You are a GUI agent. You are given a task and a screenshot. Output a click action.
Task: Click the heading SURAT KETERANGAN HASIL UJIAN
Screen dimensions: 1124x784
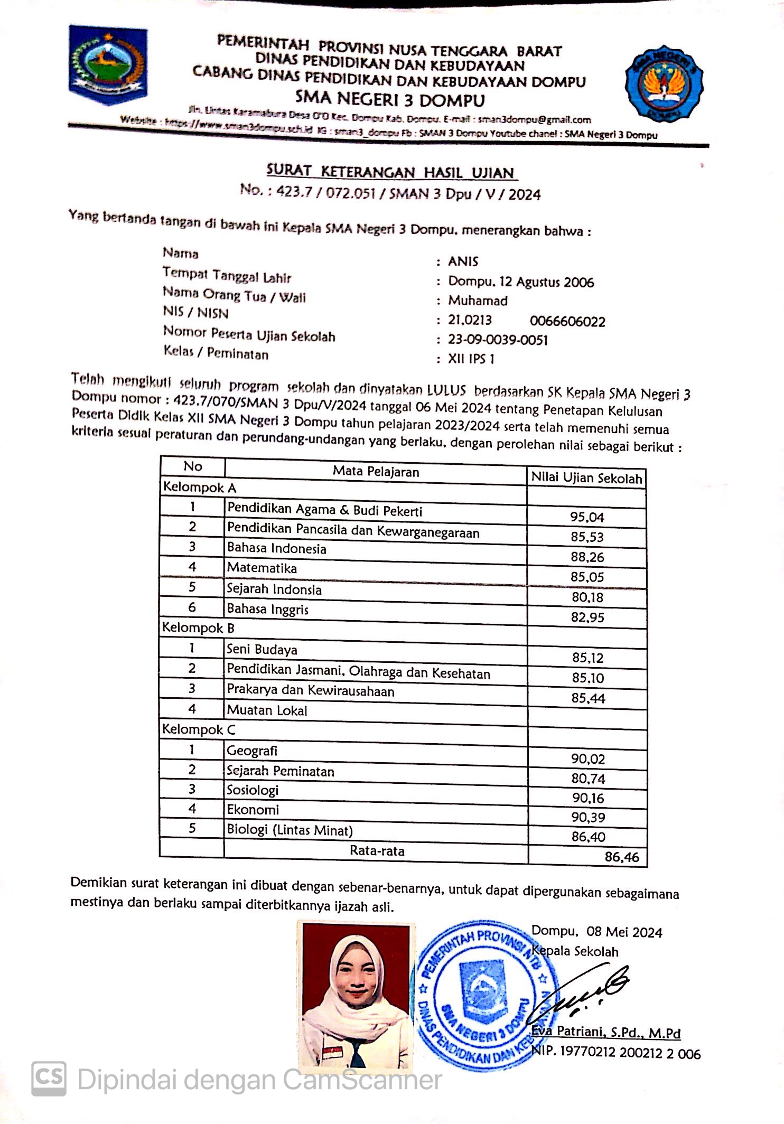[391, 172]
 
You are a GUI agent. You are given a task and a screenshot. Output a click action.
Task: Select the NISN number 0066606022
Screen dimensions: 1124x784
[567, 322]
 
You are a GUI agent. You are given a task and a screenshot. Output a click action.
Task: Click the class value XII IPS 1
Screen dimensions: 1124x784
[471, 359]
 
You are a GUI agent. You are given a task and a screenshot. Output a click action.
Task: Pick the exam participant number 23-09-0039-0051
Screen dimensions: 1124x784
[498, 340]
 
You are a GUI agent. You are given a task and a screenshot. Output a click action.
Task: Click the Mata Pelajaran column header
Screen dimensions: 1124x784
[376, 472]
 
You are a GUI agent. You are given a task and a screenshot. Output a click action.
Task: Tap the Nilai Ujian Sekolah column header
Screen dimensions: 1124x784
[586, 478]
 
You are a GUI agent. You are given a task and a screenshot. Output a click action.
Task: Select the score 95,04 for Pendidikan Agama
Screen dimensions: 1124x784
[587, 517]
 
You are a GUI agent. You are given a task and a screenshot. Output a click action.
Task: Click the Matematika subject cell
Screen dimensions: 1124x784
[262, 568]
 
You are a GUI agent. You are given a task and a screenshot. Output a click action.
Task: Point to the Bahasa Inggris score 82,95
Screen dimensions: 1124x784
[587, 617]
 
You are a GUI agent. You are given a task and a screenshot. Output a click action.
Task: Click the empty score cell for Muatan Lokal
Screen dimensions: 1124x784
[587, 718]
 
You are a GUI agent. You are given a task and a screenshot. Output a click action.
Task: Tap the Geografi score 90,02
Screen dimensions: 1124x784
[587, 759]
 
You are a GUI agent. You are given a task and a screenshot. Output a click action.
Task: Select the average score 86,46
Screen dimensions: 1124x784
[622, 857]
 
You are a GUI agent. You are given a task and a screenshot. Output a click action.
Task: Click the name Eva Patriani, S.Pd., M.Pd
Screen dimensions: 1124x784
[606, 1032]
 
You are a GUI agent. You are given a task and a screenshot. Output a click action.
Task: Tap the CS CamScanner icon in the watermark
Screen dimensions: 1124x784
[49, 1078]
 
